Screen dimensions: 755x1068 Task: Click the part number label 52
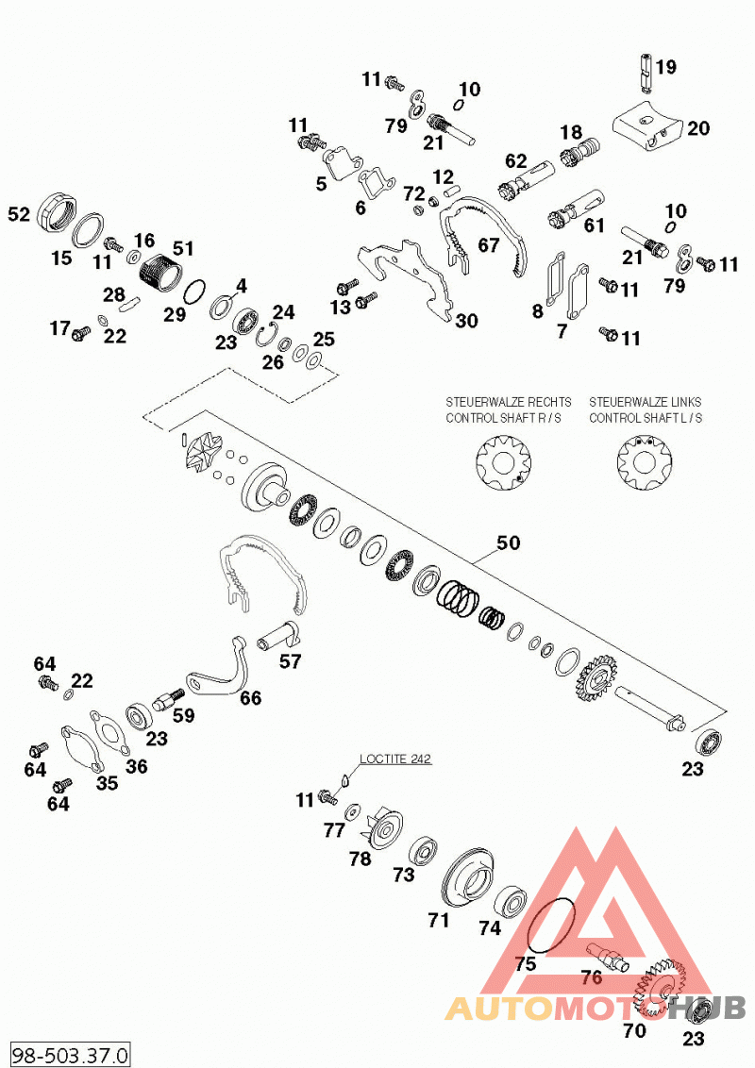19,214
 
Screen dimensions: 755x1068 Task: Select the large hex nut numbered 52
57,211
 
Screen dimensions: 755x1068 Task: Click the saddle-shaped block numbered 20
646,126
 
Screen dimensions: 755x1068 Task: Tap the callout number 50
509,542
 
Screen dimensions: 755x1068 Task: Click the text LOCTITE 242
395,759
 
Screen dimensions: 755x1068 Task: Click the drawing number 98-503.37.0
70,1055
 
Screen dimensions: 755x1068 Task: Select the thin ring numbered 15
89,231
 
